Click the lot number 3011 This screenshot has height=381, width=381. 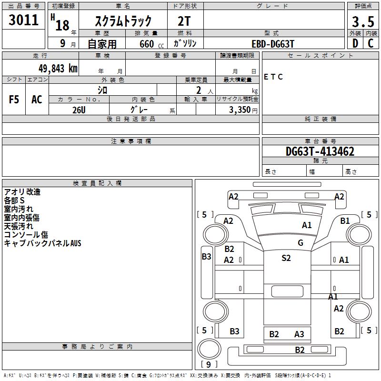coord(24,20)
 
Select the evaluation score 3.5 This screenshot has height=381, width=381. coord(362,21)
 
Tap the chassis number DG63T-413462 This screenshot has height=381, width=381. coord(320,152)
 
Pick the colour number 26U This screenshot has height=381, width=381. coord(79,110)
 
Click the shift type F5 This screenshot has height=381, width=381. coord(14,100)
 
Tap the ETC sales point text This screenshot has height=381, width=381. coord(273,77)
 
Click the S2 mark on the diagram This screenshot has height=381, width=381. coord(286,258)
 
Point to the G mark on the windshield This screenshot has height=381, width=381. coord(301,242)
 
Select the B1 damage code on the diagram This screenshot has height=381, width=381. coord(345,221)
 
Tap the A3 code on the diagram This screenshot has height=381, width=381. coord(299,334)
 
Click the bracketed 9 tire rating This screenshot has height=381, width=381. coord(209,364)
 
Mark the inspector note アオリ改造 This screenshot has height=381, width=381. coord(22,192)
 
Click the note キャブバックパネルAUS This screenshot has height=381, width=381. coord(43,243)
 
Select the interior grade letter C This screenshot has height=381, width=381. coord(370,43)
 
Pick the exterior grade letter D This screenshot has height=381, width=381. coord(355,43)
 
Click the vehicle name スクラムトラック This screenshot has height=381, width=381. coord(124,21)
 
